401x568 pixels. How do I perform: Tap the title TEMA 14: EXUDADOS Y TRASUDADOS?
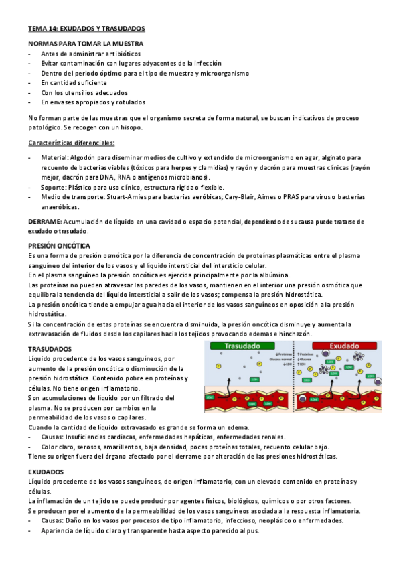[86, 29]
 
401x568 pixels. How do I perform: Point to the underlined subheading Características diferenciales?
[72, 143]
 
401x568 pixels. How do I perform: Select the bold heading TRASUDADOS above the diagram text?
[50, 350]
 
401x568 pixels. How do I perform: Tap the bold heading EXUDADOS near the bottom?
[46, 472]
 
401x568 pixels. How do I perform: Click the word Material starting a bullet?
[54, 157]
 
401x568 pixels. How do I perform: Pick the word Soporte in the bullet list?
[53, 188]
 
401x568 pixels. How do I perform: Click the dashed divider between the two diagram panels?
[294, 375]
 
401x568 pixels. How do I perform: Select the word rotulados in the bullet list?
[129, 102]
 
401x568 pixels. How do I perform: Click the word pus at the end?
[254, 530]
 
